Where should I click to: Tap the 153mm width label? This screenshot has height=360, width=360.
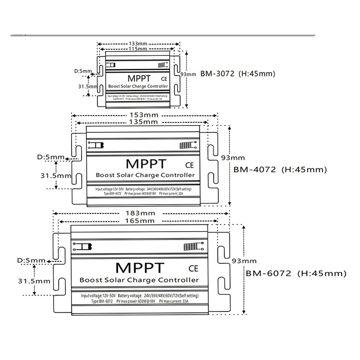(143, 114)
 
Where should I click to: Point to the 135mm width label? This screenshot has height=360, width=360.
(143, 121)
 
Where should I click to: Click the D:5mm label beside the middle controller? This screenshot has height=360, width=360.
(50, 157)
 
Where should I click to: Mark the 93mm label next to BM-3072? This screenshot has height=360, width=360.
(188, 74)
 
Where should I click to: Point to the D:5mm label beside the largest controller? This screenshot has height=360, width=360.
(31, 260)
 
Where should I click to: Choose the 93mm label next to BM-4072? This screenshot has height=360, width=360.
(233, 157)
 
